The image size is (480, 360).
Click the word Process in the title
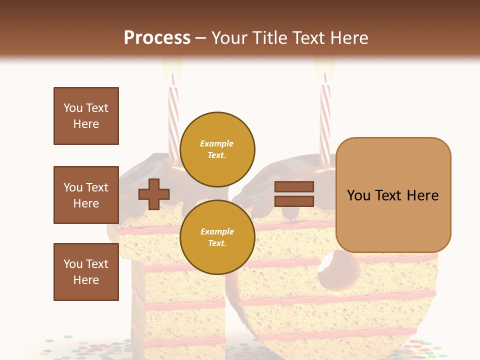coord(157,38)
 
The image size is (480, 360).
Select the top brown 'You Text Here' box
coord(86,116)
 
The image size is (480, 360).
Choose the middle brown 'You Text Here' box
coord(86,195)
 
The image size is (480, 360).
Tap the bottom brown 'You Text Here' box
coord(86,271)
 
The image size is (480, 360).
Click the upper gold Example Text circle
coord(217,149)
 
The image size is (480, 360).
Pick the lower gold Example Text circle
coord(217,237)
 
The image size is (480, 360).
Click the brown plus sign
coord(154,194)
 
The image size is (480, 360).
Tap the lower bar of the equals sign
coord(294,201)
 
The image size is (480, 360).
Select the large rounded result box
coord(393,195)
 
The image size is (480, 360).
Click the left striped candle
coord(173,120)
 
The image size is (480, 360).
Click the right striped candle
coord(325,120)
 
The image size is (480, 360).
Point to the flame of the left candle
coord(172,65)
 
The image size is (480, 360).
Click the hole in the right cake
coord(340,270)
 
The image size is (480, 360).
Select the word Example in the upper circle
coord(217,143)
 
